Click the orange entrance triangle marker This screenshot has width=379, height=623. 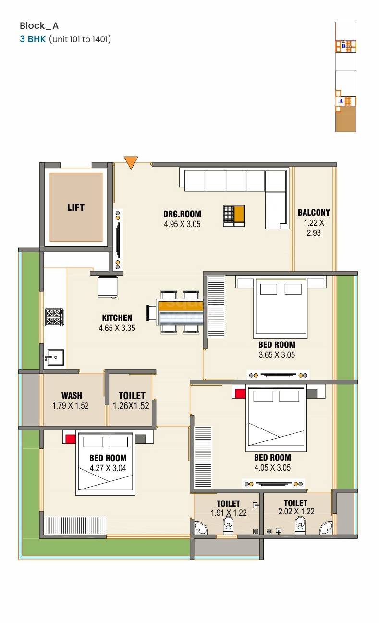[x=131, y=162]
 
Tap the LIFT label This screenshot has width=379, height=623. [x=76, y=208]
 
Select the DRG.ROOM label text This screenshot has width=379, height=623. [x=182, y=214]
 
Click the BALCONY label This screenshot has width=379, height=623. [x=314, y=213]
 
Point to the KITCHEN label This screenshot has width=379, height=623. [x=117, y=318]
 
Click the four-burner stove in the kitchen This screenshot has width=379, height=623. [x=54, y=317]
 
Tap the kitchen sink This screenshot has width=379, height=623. [x=54, y=357]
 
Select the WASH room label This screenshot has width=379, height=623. [x=72, y=396]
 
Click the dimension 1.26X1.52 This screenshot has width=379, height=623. [x=131, y=406]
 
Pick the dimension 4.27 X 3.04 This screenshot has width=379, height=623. [x=108, y=468]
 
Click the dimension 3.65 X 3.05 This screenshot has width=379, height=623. [x=277, y=355]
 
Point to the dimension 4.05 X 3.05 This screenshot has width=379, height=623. [x=272, y=468]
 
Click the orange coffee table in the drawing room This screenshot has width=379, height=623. [x=239, y=213]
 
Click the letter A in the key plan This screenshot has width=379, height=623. [x=341, y=101]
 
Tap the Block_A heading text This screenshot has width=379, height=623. [x=39, y=26]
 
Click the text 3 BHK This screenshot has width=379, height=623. [x=33, y=39]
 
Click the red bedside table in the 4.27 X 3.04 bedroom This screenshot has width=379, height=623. [x=71, y=439]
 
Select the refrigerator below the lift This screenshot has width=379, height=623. [x=108, y=287]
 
